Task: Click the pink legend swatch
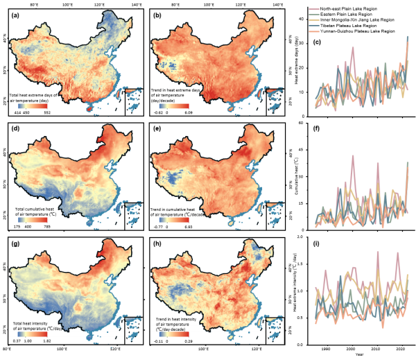pos(314,8)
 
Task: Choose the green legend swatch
pos(314,14)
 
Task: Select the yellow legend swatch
pos(314,19)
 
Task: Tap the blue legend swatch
pos(314,26)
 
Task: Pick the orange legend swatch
pos(314,32)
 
